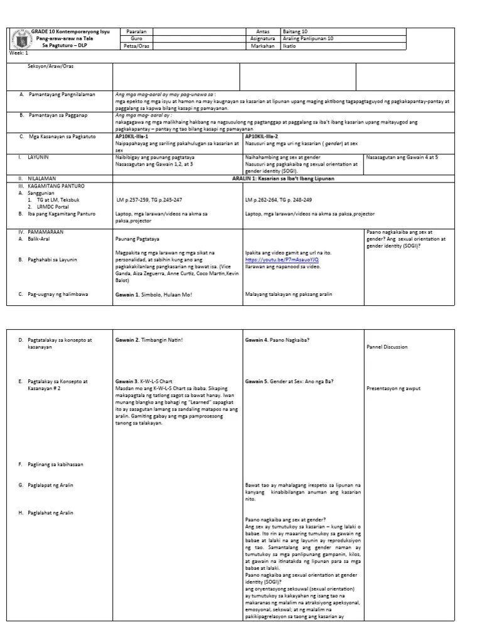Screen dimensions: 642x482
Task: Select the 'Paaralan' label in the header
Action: pos(136,31)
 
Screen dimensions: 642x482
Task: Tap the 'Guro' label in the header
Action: pos(136,38)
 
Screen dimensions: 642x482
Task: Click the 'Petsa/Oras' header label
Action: pos(136,46)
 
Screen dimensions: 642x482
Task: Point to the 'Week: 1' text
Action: pos(19,53)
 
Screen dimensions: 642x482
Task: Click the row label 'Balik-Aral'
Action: pos(41,238)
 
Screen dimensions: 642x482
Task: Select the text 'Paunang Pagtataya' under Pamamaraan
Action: pos(136,239)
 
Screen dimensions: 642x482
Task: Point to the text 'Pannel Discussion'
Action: pos(387,347)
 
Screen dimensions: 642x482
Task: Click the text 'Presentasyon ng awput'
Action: pos(394,388)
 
